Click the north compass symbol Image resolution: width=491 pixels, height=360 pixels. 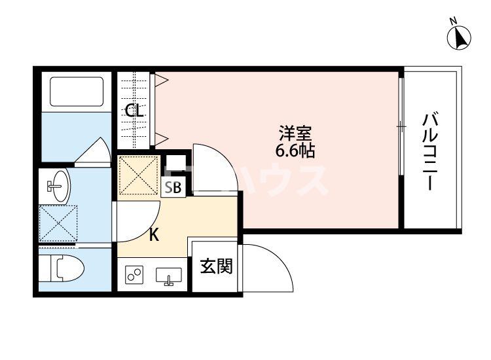tap(460, 37)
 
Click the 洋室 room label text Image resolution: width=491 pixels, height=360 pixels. tap(295, 134)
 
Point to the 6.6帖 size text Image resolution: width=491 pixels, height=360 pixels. tap(295, 151)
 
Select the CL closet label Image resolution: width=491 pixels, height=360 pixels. tap(135, 111)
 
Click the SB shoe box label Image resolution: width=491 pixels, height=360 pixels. tap(173, 188)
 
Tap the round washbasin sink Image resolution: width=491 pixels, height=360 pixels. tap(58, 187)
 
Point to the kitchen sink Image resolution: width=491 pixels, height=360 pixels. tap(169, 277)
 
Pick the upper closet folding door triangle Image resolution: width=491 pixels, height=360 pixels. tap(162, 81)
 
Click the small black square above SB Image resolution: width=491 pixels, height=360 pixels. tap(175, 164)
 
